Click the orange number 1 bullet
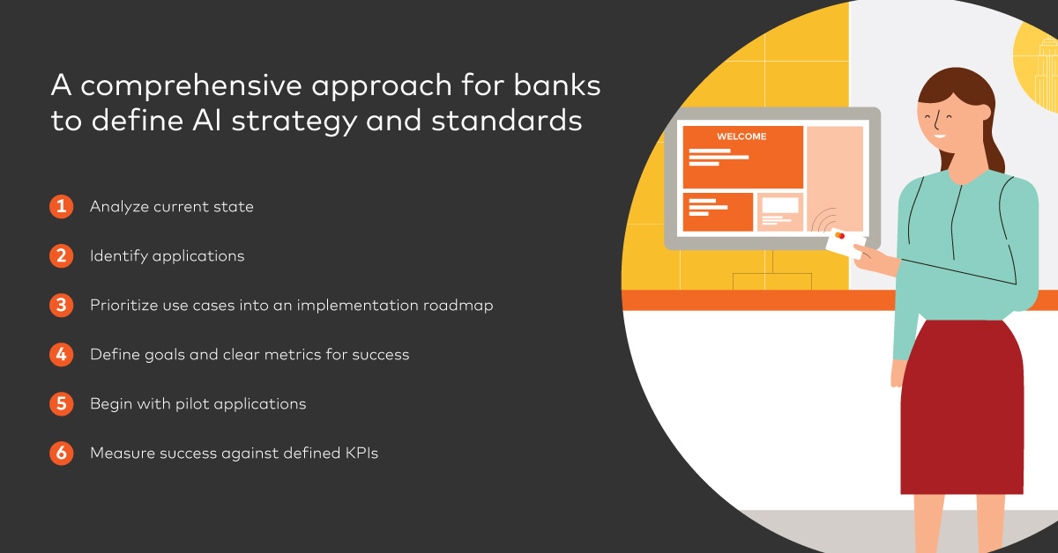(62, 207)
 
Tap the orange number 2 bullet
(62, 255)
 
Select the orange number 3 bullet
(62, 306)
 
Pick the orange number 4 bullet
(62, 354)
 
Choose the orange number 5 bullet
(62, 404)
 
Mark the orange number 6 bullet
(62, 453)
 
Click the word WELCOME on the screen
(741, 136)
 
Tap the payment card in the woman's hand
(846, 243)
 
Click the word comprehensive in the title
(190, 86)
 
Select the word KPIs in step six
(361, 453)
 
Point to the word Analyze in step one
(120, 207)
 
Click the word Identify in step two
(119, 256)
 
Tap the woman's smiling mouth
(940, 136)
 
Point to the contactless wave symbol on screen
(824, 220)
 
